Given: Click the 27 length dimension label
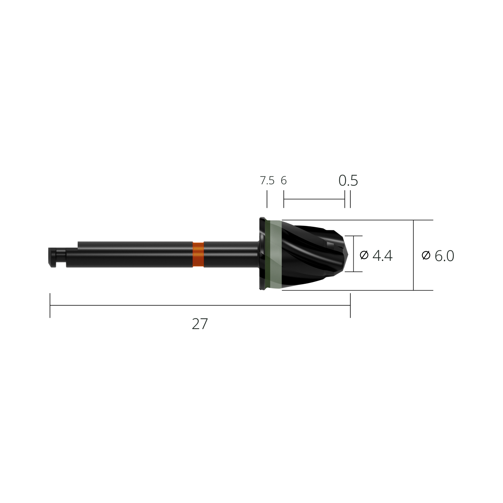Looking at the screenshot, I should (200, 324).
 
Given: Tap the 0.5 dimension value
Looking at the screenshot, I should (348, 180).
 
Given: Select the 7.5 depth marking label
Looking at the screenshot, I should (267, 180).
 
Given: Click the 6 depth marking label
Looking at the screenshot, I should (284, 180).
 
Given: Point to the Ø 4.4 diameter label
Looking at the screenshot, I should (376, 255).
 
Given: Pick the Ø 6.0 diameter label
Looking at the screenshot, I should (438, 256).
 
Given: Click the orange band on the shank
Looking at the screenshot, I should (198, 254).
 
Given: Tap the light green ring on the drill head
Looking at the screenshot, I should (276, 254).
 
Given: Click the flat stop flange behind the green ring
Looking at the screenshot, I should (262, 254).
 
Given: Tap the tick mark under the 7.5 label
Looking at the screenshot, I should (267, 199).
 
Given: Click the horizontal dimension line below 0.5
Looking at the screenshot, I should (314, 199).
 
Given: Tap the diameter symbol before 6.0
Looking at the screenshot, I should (426, 255).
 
